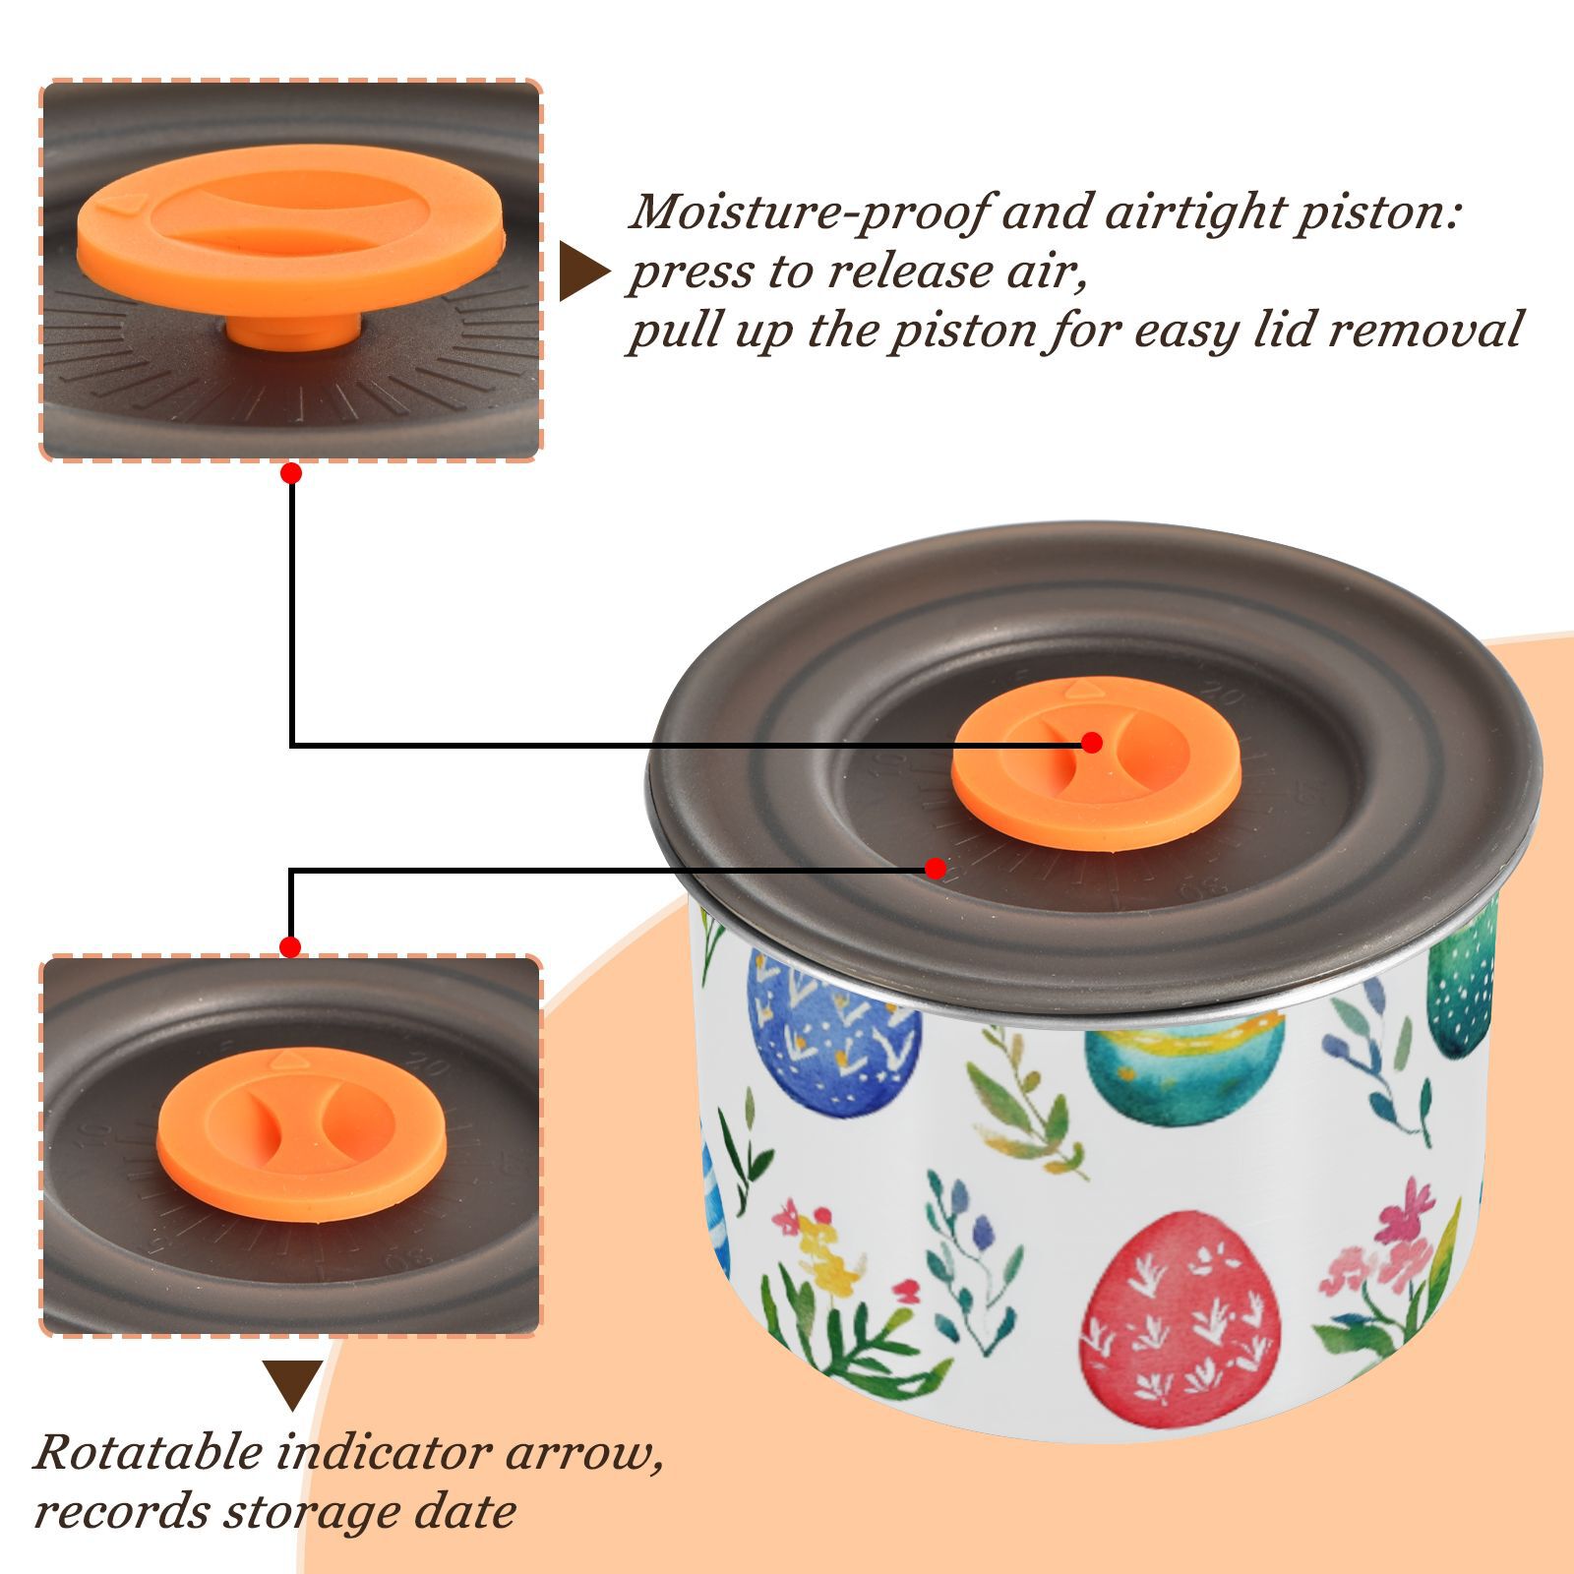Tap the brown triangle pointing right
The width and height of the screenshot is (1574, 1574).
point(583,272)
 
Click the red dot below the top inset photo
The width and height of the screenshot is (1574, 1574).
point(290,473)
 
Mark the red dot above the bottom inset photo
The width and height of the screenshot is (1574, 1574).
point(290,947)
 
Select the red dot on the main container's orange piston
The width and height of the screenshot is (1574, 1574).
point(1091,743)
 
